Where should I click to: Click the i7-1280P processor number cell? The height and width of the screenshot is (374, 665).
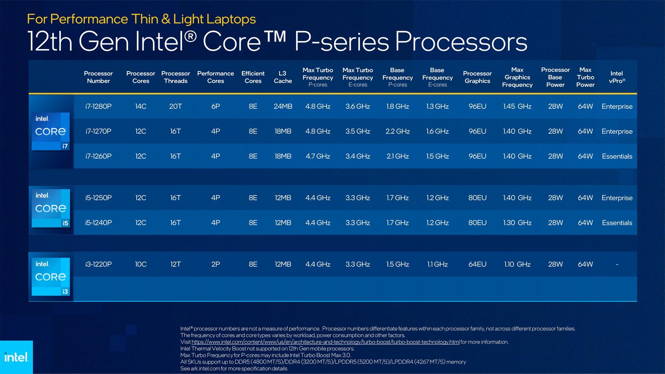[x=99, y=106]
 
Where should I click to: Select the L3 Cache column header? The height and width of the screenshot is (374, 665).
[x=283, y=77]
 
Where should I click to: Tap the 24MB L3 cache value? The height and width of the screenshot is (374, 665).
[x=283, y=106]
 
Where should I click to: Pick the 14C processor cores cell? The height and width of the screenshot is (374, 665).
[x=140, y=106]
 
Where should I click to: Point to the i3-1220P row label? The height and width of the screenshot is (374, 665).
[x=99, y=264]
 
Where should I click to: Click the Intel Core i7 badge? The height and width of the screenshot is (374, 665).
[x=51, y=131]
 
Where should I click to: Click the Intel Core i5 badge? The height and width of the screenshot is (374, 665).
[x=51, y=208]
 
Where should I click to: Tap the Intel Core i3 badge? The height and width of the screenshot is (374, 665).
[x=51, y=277]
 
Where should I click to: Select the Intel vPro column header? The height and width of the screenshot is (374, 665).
[x=617, y=77]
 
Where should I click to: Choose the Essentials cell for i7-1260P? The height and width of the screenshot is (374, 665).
[x=617, y=156]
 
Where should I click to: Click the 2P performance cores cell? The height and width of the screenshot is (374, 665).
[x=215, y=264]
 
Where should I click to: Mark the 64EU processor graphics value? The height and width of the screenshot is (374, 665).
[x=477, y=264]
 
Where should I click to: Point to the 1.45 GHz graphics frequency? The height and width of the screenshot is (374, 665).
[x=517, y=106]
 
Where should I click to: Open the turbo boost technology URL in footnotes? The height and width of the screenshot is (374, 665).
[x=325, y=342]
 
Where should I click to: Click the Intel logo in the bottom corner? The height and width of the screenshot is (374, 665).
[x=16, y=357]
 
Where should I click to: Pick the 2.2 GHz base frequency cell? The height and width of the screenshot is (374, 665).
[x=397, y=131]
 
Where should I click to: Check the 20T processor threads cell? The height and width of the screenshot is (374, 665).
[x=175, y=106]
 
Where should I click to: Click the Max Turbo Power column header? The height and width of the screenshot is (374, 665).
[x=585, y=77]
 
